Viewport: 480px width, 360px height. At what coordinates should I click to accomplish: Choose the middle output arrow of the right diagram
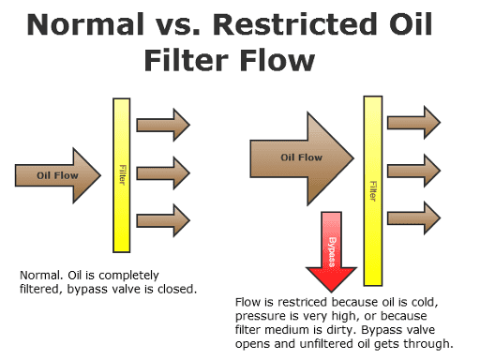[x=412, y=167]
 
